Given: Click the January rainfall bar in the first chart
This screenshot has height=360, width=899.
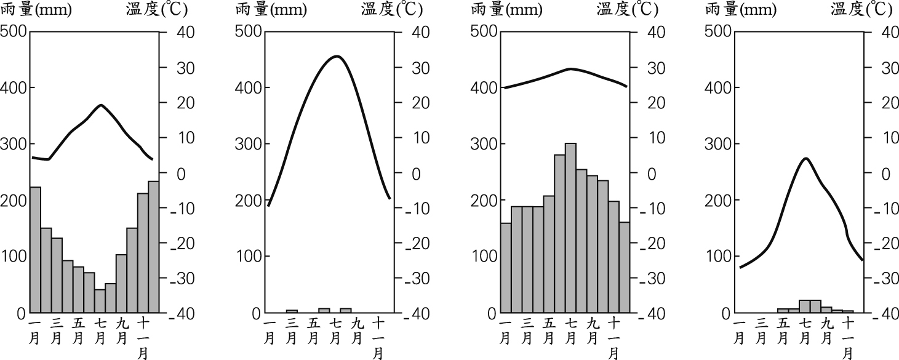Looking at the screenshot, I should [x=35, y=249].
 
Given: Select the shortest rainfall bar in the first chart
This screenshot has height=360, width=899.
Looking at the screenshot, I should [x=100, y=301].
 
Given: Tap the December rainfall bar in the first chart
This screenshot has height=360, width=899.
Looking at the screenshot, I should [x=154, y=247].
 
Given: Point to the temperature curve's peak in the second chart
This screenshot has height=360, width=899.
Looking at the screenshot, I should [x=336, y=56].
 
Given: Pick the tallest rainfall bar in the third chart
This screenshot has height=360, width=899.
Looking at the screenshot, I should [x=570, y=228].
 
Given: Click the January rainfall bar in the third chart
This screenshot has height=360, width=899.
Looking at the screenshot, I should [x=505, y=268].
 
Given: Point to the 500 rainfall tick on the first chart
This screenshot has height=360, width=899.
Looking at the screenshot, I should [x=13, y=31].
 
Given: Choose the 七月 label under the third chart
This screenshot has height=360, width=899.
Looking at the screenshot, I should [x=570, y=330].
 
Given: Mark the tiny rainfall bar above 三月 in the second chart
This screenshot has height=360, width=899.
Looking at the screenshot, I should [x=292, y=311].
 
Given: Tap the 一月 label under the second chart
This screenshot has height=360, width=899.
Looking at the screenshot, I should [x=270, y=330].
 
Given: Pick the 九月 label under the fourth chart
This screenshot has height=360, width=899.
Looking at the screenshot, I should [x=827, y=330].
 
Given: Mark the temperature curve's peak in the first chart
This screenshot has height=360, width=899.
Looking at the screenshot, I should [x=101, y=105].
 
